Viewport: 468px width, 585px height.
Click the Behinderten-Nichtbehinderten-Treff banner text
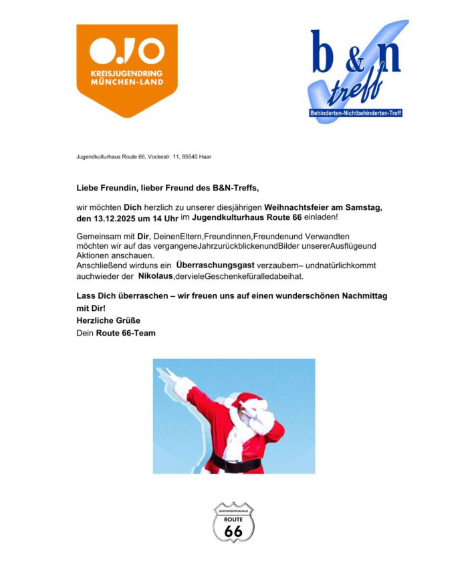pos(356,113)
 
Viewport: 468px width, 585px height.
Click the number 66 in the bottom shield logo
pos(233,530)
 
